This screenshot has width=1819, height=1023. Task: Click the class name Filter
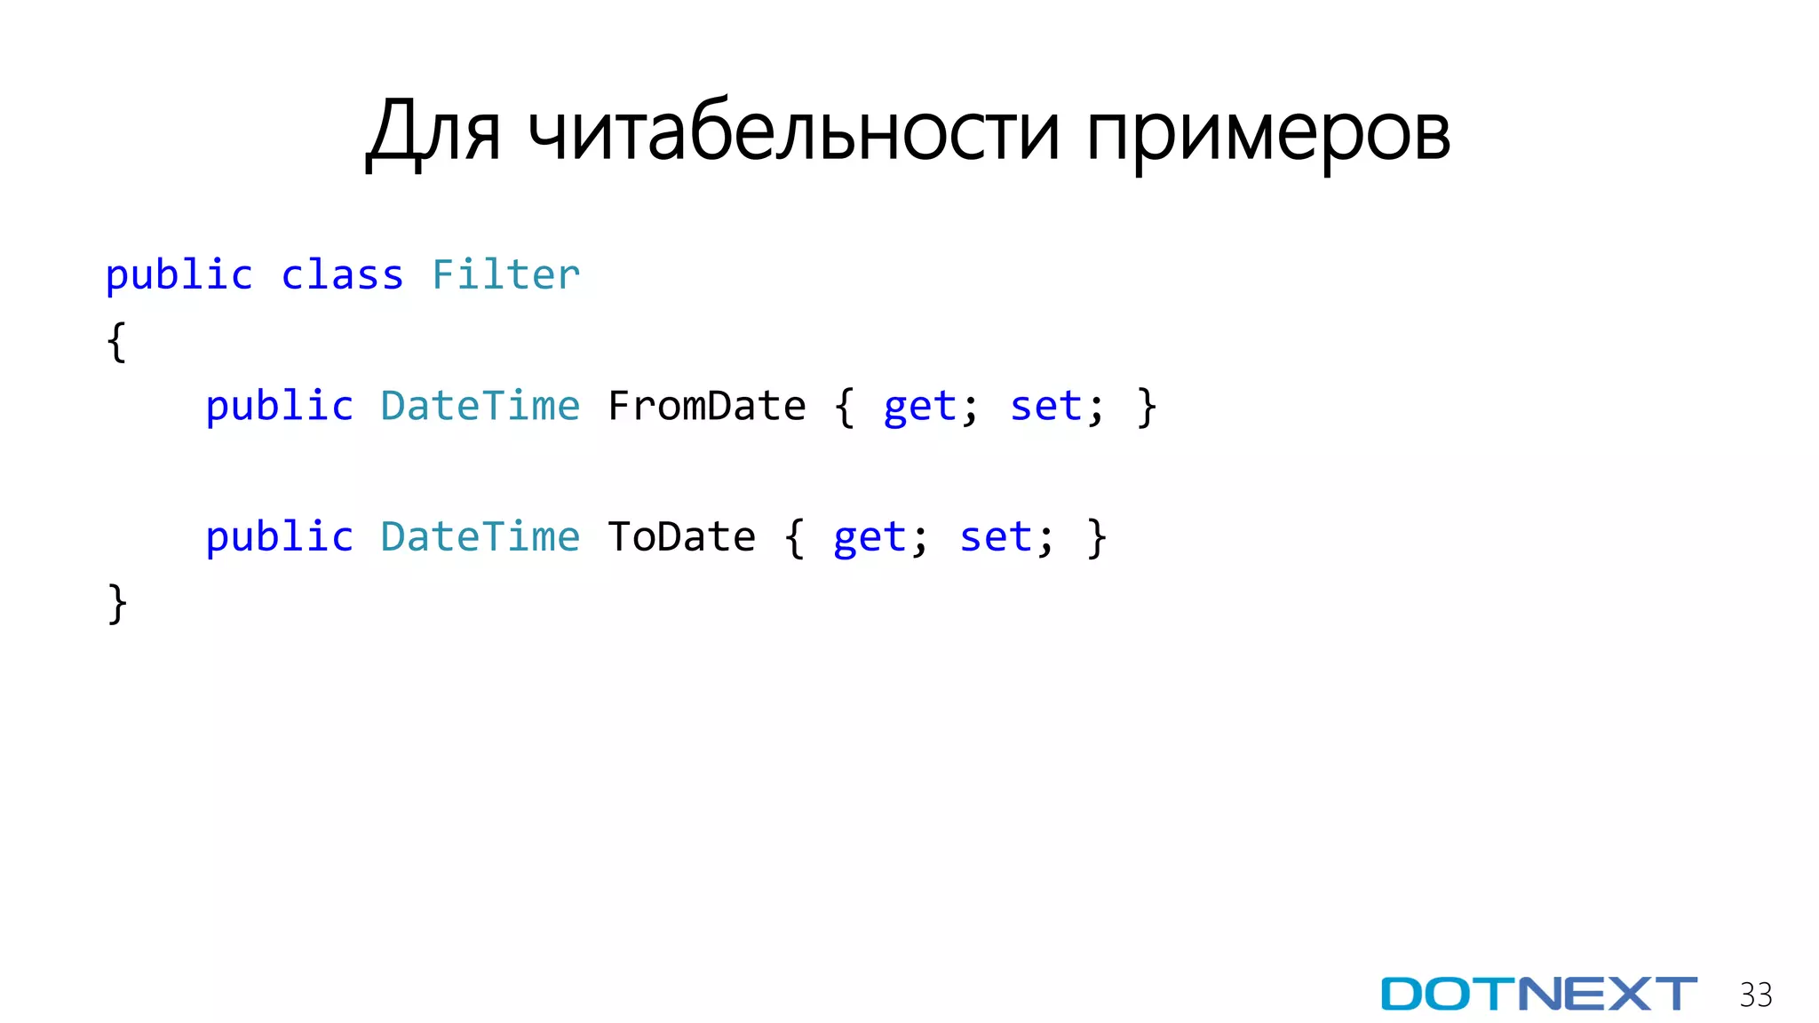[505, 275]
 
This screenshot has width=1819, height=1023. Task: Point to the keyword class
[342, 275]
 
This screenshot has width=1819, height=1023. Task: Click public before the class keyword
[179, 276]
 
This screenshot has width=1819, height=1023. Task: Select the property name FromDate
[706, 407]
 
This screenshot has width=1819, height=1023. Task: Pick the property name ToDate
[681, 537]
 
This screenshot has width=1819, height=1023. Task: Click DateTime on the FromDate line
[480, 407]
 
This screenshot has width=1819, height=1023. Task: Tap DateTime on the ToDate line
[480, 537]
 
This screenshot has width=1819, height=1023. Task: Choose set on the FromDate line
[1046, 407]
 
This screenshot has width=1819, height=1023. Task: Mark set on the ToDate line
[996, 537]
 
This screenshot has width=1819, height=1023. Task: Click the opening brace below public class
[116, 342]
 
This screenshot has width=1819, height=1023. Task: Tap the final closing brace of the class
[116, 604]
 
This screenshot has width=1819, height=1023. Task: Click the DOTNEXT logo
[1538, 994]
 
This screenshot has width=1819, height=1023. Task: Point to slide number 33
[1755, 995]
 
